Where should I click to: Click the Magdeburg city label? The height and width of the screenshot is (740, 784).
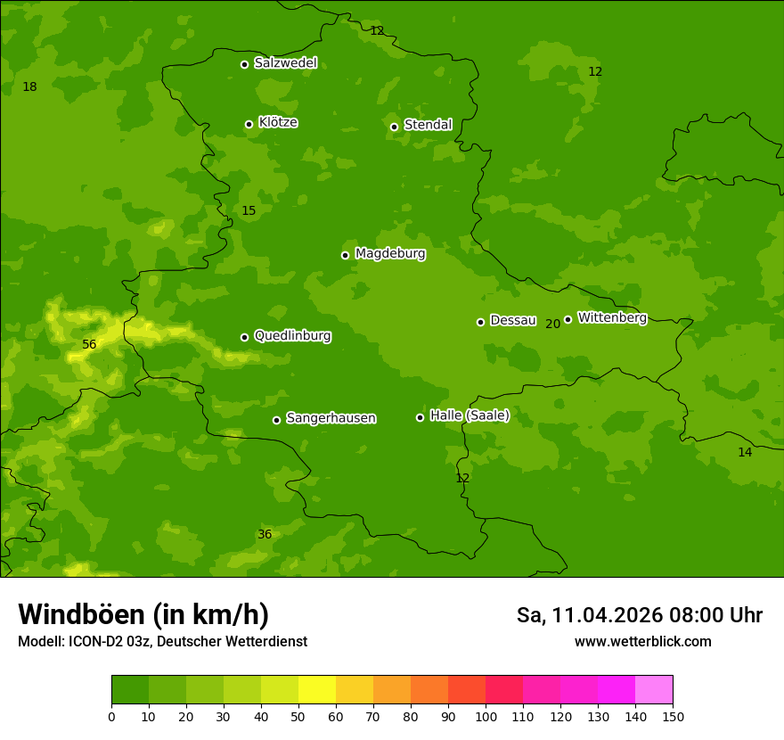390,254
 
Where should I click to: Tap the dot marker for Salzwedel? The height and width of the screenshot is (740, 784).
244,64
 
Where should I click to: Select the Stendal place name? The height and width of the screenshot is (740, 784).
428,125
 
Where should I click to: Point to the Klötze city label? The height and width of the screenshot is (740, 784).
278,122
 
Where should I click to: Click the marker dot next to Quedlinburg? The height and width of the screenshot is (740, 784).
244,337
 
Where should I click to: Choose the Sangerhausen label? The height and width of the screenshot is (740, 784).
331,418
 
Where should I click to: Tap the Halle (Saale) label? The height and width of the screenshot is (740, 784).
470,415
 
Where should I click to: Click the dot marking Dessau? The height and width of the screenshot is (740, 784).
480,322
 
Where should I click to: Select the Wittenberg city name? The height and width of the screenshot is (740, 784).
612,317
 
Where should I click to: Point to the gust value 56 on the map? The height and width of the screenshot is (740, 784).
89,345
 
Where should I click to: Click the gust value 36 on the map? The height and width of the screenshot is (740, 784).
265,535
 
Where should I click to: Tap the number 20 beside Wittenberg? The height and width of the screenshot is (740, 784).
552,324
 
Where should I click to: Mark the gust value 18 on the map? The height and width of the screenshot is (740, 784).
29,87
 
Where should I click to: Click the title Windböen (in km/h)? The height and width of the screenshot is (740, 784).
143,615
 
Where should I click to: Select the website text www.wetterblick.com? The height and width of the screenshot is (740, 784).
642,642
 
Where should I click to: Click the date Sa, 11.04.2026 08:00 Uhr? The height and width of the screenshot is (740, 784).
639,615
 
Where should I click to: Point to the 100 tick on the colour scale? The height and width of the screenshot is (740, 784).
486,716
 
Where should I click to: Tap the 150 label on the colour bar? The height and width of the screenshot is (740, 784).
673,716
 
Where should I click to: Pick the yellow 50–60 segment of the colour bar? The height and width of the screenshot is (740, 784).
317,690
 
